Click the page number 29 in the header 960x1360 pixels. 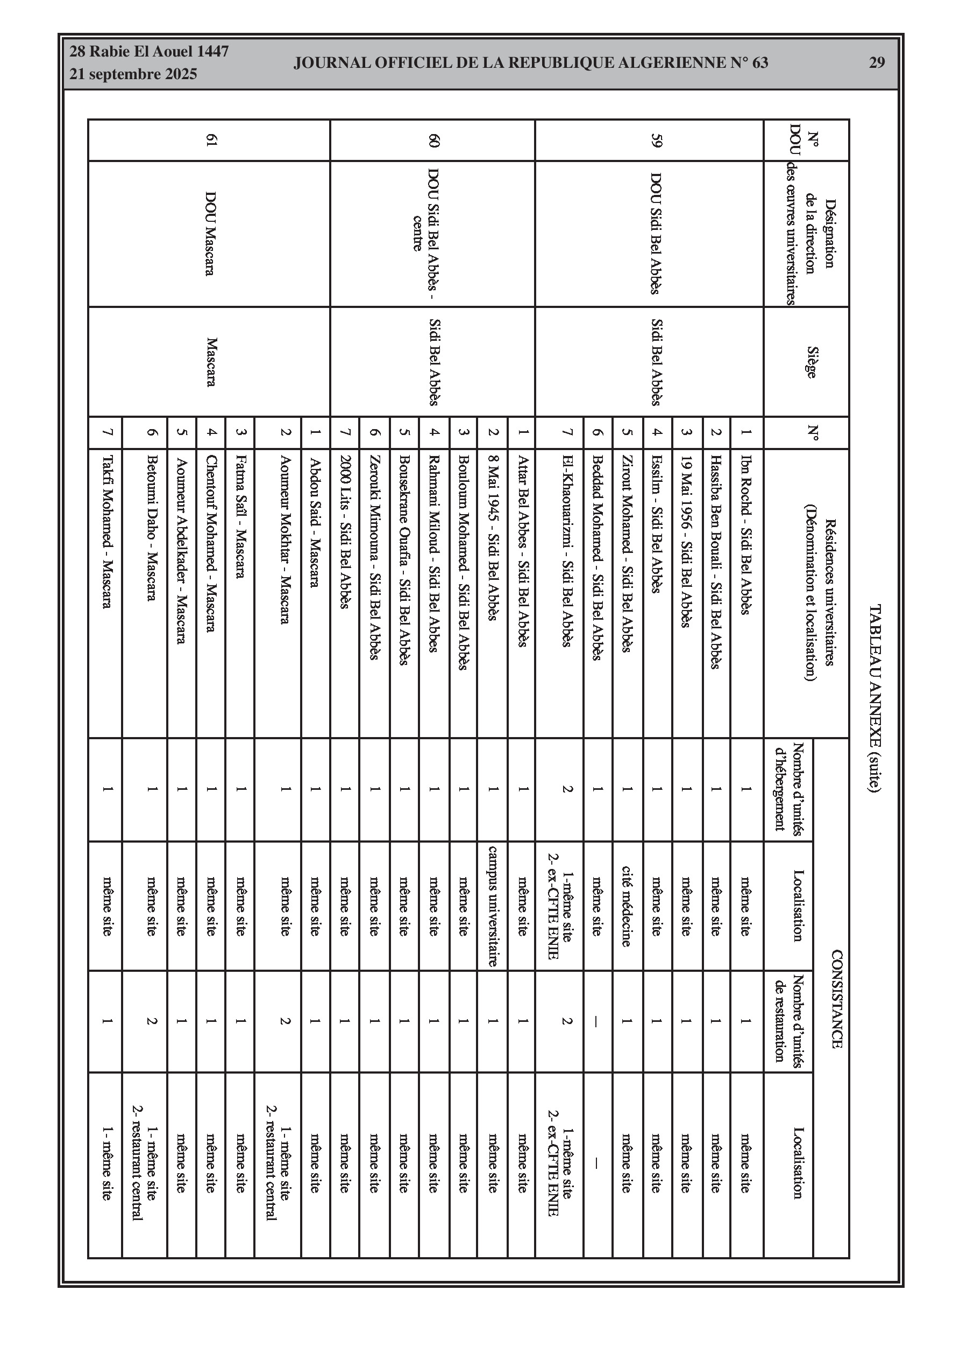(877, 63)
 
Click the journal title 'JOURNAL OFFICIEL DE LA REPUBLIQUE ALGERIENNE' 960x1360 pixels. (530, 63)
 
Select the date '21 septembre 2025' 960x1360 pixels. (133, 75)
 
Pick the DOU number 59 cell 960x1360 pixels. (656, 141)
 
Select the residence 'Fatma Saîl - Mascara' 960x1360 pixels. (240, 516)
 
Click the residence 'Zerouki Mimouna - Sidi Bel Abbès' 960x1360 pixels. (374, 557)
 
